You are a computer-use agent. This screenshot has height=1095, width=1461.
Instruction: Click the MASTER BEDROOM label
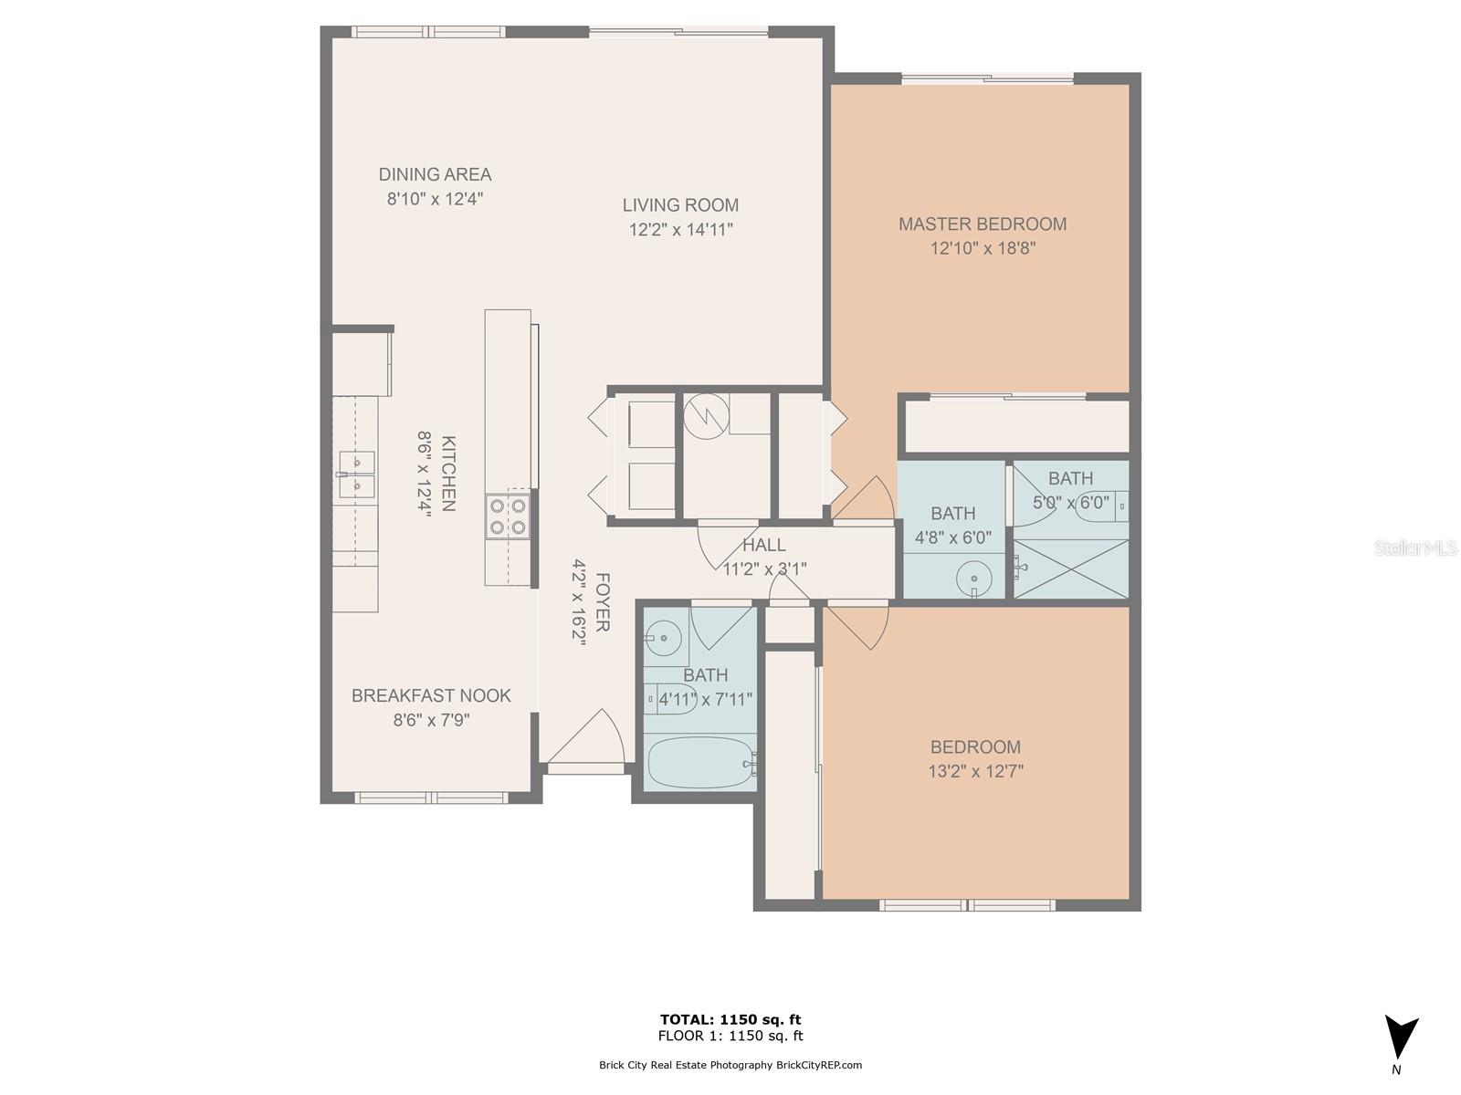[x=982, y=224]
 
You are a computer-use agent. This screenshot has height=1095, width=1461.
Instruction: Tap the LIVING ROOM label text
[x=680, y=205]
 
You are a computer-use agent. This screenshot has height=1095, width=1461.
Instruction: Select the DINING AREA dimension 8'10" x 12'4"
[x=435, y=199]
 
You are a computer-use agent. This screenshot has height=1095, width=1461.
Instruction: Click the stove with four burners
[x=508, y=516]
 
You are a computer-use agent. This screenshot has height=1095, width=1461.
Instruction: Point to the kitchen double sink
[x=355, y=474]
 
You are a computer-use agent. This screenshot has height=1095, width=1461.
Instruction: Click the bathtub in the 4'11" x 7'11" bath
[x=699, y=763]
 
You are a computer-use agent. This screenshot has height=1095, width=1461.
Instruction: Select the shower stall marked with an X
[x=1071, y=569]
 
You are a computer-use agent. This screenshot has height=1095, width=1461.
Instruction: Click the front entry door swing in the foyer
[x=589, y=739]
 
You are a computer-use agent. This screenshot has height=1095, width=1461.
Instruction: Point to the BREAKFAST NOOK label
[x=431, y=695]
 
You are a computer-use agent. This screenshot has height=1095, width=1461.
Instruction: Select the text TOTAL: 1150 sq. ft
[x=730, y=1019]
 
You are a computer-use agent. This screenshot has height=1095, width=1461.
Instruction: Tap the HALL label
[x=763, y=546]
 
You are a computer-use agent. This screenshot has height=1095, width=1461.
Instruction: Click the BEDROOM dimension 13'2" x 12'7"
[x=975, y=771]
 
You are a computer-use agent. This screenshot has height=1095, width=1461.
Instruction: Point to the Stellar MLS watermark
[x=1415, y=547]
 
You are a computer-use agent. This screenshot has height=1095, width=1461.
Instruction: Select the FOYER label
[x=602, y=602]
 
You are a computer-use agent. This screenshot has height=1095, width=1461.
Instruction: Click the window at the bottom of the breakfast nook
[x=431, y=798]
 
